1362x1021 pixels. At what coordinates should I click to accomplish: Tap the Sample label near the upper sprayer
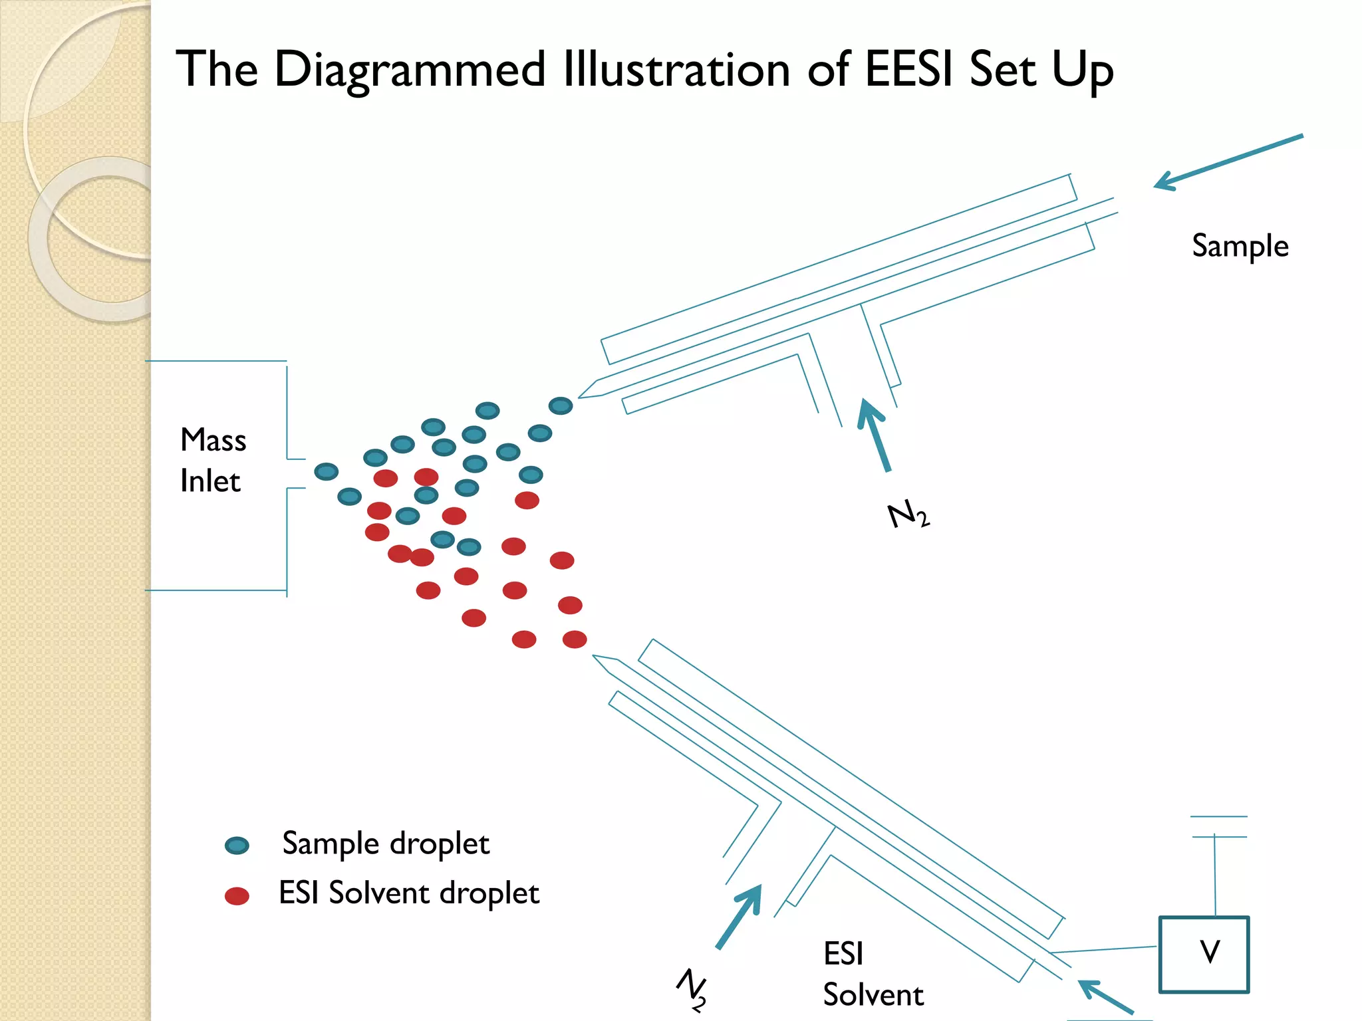pos(1240,246)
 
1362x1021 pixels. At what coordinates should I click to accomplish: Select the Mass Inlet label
pos(213,460)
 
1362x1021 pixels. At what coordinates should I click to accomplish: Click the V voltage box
pos(1204,954)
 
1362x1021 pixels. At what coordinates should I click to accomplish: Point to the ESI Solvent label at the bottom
pos(873,974)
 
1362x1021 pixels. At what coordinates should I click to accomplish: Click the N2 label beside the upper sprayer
pos(908,515)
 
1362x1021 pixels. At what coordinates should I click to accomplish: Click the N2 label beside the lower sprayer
pos(692,989)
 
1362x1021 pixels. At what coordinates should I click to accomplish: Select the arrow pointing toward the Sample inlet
pos(1227,162)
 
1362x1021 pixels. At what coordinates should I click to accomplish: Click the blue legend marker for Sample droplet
pos(237,846)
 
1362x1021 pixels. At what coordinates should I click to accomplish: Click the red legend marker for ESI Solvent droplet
pos(237,896)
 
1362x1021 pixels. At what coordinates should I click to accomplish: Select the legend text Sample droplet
pos(386,844)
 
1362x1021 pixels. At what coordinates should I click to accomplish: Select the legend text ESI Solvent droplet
pos(408,893)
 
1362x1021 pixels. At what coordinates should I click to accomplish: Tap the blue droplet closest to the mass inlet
pos(326,472)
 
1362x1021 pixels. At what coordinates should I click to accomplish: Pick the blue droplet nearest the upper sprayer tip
pos(561,405)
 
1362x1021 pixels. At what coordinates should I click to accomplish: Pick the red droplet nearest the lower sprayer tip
pos(575,639)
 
